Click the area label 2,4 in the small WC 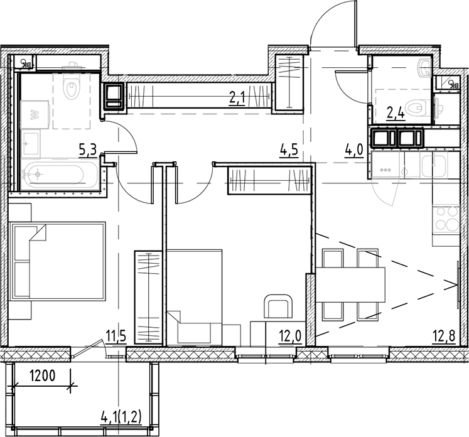coord(396,114)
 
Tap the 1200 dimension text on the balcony coord(43,377)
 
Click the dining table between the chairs coord(349,283)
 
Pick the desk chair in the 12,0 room coord(277,308)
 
